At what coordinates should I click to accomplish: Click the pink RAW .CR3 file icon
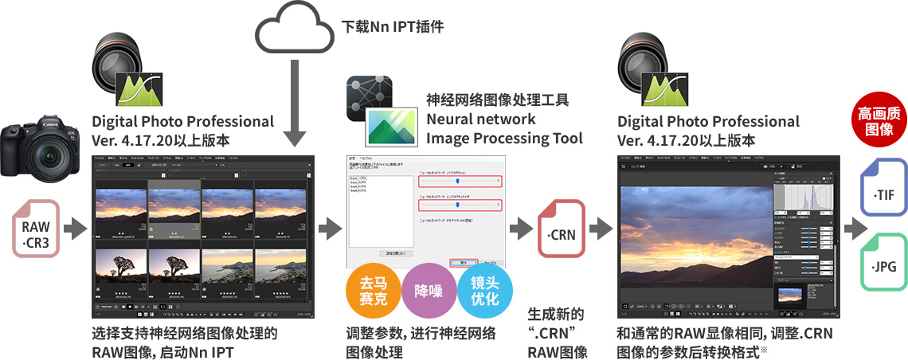36,229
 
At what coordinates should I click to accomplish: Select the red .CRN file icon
562,229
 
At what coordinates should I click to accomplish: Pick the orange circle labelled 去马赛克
371,291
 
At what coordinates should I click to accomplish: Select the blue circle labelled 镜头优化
484,292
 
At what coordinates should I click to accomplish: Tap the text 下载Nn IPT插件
393,26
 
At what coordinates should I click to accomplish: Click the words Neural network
480,119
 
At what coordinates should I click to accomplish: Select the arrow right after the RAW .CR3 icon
75,229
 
